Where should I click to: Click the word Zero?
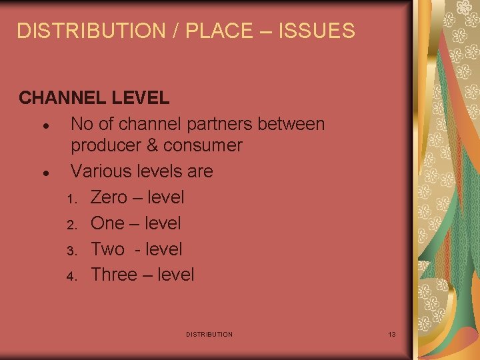point(110,197)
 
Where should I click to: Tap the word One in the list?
point(107,223)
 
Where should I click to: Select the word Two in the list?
point(107,249)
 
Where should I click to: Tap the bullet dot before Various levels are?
point(43,173)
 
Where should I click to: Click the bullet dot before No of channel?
point(43,126)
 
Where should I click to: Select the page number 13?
point(392,333)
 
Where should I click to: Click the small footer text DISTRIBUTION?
point(209,334)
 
